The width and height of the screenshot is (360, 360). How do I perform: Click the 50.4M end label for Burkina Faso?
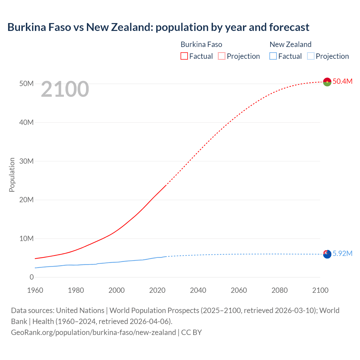[342, 81]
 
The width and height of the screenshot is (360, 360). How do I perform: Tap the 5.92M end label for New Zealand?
[342, 253]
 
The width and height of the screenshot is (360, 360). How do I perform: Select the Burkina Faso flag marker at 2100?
[327, 82]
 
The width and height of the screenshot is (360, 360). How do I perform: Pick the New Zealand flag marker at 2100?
[327, 254]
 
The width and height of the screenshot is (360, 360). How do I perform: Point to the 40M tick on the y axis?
[27, 122]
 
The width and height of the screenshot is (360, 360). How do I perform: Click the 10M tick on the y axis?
[27, 238]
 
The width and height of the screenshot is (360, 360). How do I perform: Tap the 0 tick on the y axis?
[31, 277]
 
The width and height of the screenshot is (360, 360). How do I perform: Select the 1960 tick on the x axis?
[35, 290]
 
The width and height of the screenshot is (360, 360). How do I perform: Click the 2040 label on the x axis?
[198, 290]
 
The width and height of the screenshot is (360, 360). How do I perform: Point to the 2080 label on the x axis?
[280, 290]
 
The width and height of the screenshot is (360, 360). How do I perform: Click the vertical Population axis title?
[12, 175]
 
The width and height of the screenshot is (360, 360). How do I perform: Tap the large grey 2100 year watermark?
[65, 89]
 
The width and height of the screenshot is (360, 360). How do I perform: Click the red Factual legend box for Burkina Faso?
[184, 56]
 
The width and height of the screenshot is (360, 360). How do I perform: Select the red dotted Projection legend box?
[222, 56]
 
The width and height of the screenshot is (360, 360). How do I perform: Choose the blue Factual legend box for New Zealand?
[273, 56]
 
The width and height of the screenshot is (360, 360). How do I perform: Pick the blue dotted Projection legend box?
[311, 56]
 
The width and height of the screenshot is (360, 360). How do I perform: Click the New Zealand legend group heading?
[291, 44]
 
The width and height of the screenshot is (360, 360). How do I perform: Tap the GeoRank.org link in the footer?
[93, 332]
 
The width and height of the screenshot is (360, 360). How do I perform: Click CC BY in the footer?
[192, 332]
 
